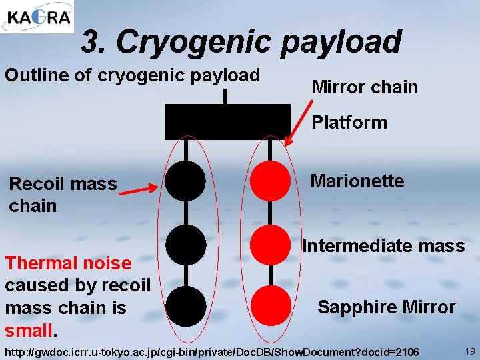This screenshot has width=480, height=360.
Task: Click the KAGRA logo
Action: click(x=37, y=17)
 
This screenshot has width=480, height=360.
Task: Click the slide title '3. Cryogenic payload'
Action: click(x=241, y=42)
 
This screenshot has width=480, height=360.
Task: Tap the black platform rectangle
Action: click(x=227, y=121)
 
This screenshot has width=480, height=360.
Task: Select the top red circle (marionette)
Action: click(x=270, y=181)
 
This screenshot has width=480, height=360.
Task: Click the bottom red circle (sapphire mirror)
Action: click(x=270, y=306)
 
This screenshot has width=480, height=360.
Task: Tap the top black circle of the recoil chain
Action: click(x=185, y=181)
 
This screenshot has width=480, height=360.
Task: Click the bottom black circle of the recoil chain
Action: click(x=185, y=306)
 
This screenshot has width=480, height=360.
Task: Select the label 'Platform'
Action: click(x=349, y=123)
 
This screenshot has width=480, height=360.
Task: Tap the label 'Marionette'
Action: click(x=357, y=181)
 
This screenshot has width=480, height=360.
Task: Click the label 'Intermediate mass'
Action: click(x=383, y=246)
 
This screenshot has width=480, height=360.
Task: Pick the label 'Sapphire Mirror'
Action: click(x=387, y=307)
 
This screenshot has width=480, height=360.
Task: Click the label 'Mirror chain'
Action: click(x=365, y=87)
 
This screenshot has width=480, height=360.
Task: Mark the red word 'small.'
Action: click(x=29, y=330)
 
